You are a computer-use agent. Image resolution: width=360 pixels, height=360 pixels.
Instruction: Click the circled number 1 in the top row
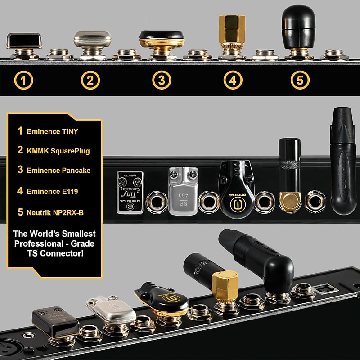pyautogui.click(x=23, y=81)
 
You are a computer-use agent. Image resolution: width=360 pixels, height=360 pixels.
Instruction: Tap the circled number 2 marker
pyautogui.click(x=90, y=81)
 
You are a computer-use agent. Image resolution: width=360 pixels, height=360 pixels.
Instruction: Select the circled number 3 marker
pyautogui.click(x=162, y=81)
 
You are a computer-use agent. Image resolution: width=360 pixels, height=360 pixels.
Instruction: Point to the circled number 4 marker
pyautogui.click(x=233, y=81)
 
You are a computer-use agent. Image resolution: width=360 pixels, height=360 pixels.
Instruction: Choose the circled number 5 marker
pyautogui.click(x=300, y=81)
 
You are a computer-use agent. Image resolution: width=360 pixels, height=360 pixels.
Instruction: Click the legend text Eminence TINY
pyautogui.click(x=52, y=131)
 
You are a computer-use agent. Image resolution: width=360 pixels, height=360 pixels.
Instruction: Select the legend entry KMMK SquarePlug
pyautogui.click(x=57, y=151)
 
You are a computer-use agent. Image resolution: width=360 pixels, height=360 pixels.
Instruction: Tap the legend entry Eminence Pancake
pyautogui.click(x=58, y=171)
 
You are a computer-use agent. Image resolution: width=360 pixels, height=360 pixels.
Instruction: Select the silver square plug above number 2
pyautogui.click(x=92, y=40)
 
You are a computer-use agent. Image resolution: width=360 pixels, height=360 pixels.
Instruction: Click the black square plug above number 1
pyautogui.click(x=24, y=41)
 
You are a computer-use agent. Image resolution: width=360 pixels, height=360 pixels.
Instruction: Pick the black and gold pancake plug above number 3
pyautogui.click(x=162, y=40)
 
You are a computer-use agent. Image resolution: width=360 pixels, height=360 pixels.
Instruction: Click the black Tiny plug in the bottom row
pyautogui.click(x=49, y=320)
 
